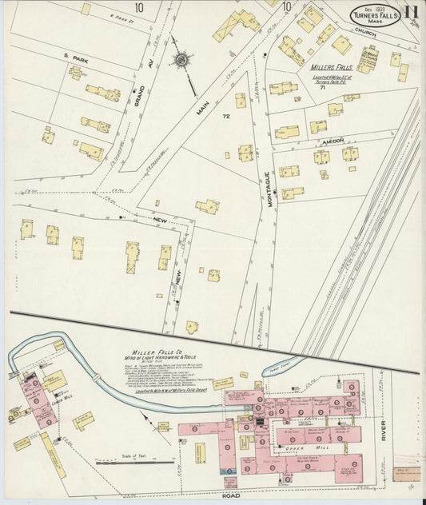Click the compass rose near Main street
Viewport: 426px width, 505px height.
(x=181, y=60)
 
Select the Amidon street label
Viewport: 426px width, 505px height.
(x=333, y=140)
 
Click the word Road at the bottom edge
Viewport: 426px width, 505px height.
(x=231, y=496)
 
